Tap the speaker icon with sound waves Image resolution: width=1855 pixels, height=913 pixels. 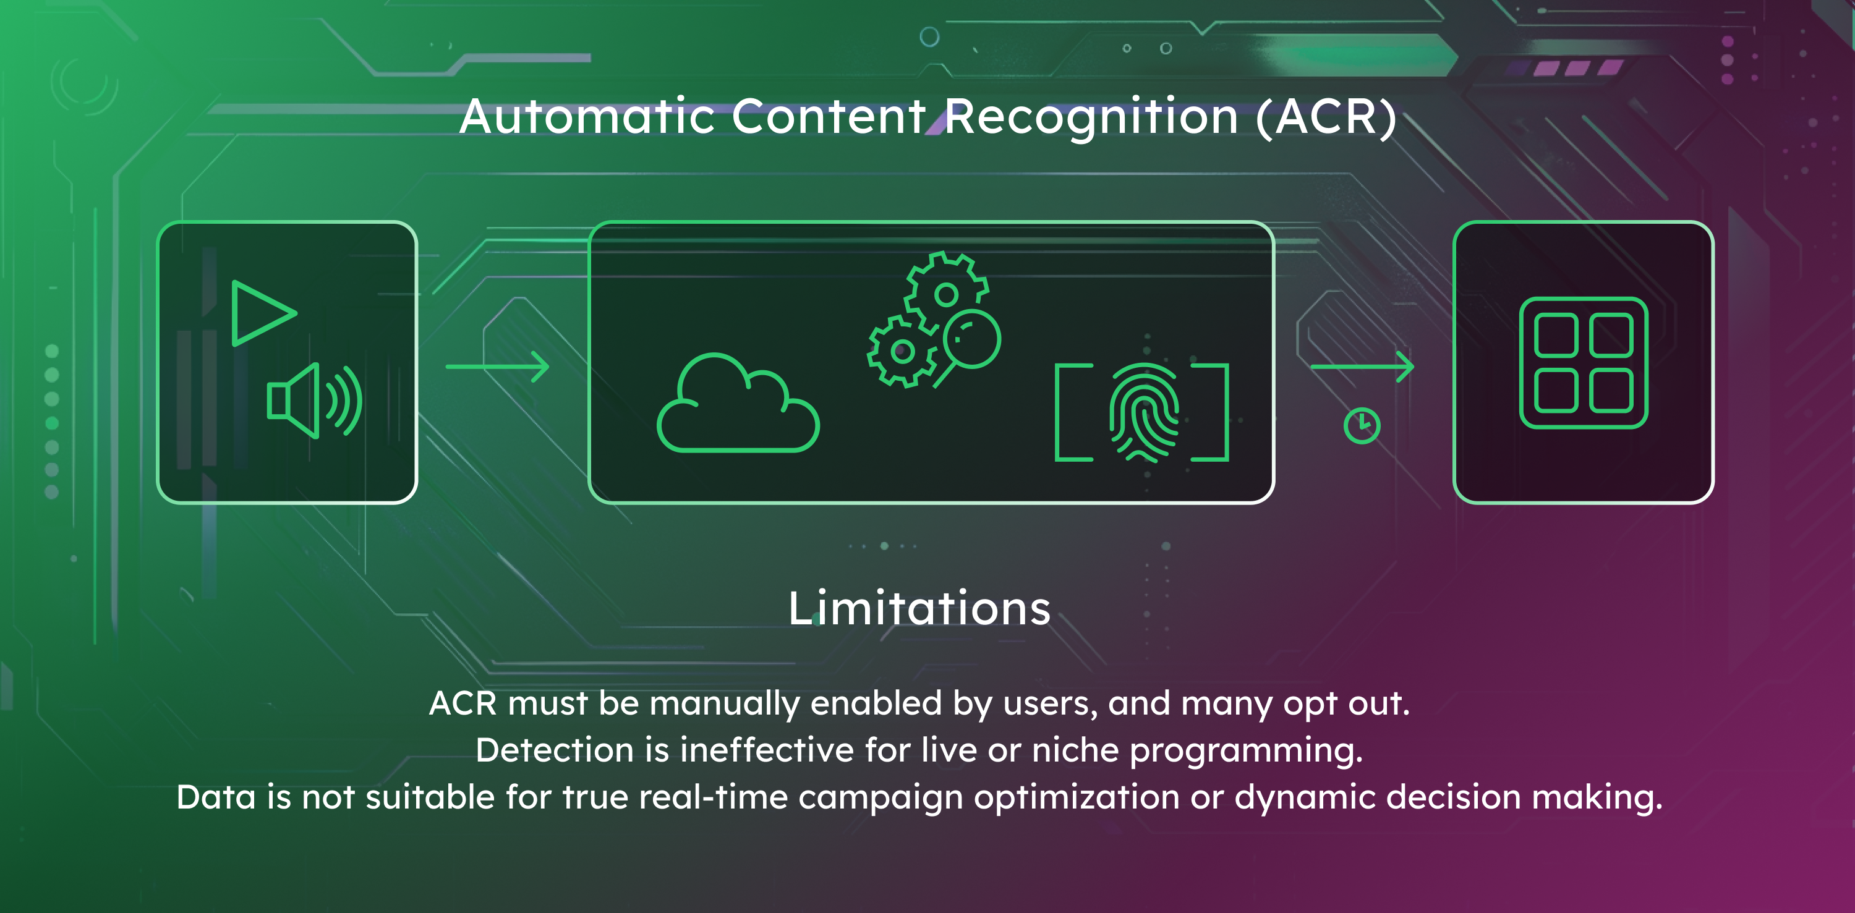click(x=315, y=401)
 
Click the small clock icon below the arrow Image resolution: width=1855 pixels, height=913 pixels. click(x=1362, y=425)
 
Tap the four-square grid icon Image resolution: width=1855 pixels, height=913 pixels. click(x=1584, y=363)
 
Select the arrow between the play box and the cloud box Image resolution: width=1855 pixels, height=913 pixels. click(x=498, y=367)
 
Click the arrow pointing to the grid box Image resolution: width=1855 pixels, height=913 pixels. click(x=1362, y=367)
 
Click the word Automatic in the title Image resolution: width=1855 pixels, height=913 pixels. click(x=587, y=117)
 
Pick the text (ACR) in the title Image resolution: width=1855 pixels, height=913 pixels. click(x=1326, y=117)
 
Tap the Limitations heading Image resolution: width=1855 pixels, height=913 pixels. click(x=919, y=608)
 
